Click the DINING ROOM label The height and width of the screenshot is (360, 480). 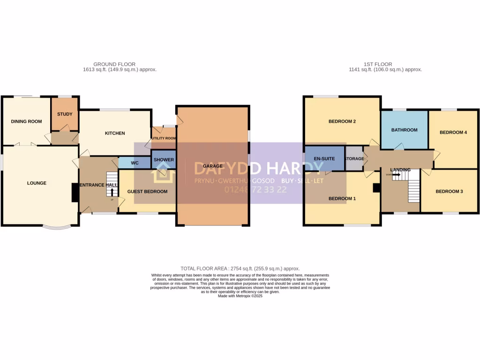[x=26, y=121]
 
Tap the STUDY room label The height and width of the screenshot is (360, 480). [x=65, y=114]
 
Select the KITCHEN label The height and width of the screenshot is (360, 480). [x=115, y=133]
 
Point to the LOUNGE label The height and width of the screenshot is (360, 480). [x=37, y=183]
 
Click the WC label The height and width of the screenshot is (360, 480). [x=135, y=163]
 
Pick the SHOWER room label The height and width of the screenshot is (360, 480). [x=164, y=160]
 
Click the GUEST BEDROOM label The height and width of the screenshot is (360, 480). [x=147, y=191]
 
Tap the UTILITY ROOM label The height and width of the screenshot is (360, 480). [x=164, y=138]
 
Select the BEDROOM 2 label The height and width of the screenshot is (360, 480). [x=342, y=121]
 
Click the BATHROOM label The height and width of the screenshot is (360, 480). [x=404, y=130]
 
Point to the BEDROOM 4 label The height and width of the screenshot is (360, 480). [x=453, y=132]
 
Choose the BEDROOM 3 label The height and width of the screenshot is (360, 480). [x=449, y=191]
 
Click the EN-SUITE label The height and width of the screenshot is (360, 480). [x=324, y=158]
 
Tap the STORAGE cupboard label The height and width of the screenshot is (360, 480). [x=354, y=158]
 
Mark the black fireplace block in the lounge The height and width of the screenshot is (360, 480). [x=75, y=192]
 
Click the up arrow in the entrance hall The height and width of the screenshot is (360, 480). [x=112, y=192]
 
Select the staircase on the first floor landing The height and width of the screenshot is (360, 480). [x=412, y=185]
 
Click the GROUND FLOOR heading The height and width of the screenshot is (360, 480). [x=114, y=64]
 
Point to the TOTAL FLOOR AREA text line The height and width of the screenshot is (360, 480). [x=240, y=268]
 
